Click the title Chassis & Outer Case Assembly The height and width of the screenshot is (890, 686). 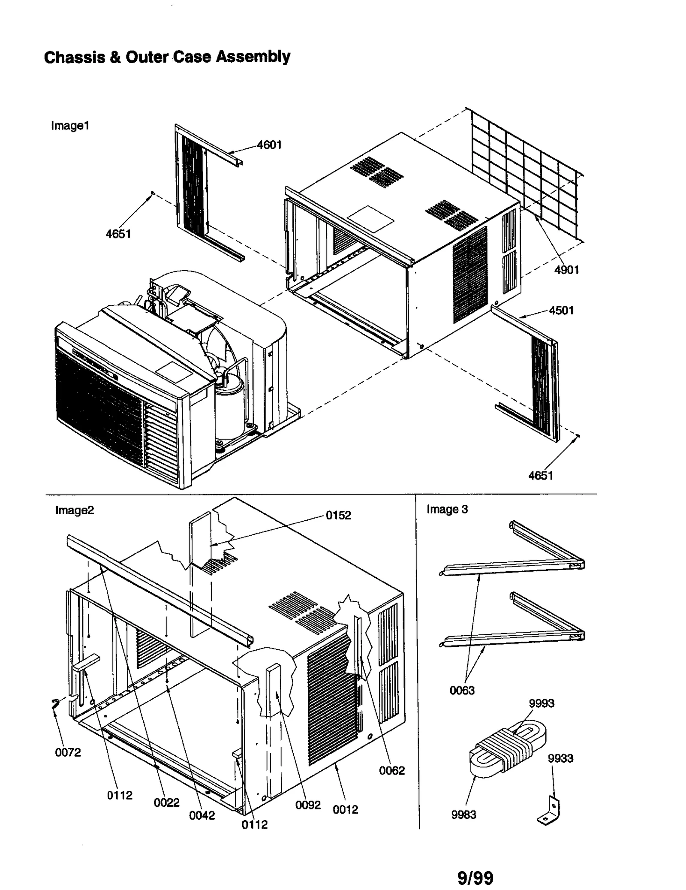(x=167, y=57)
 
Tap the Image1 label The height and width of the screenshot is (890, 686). (x=70, y=126)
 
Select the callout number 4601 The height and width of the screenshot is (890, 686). (x=269, y=145)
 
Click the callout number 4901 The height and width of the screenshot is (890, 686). (x=566, y=270)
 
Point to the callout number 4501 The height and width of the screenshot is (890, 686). (x=561, y=310)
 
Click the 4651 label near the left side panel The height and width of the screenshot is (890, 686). (x=118, y=234)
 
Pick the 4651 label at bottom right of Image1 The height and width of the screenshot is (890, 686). (x=541, y=475)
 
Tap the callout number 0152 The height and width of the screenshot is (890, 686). (x=338, y=515)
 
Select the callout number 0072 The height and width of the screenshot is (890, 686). (x=68, y=752)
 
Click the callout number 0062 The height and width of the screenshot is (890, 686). (x=391, y=770)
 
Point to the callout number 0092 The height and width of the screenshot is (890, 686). (x=308, y=805)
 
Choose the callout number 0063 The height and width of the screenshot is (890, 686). (x=462, y=690)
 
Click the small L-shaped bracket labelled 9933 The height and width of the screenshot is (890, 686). (x=550, y=812)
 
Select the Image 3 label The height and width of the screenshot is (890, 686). (x=447, y=509)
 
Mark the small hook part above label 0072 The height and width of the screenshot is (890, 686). (x=54, y=705)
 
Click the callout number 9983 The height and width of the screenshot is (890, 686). (x=463, y=815)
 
